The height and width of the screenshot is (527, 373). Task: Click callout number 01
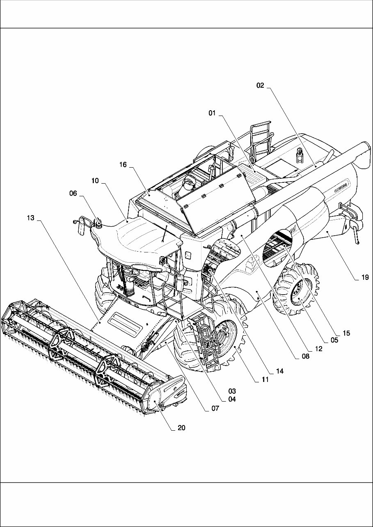pos(212,114)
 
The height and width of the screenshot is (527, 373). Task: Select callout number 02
pos(260,86)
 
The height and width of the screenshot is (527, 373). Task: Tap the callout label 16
pos(123,165)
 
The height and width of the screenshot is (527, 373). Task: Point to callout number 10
pos(95,180)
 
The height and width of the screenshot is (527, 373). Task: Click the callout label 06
pos(73,195)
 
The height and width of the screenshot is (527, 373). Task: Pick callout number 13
pos(31,218)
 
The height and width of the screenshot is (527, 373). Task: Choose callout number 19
pos(365,277)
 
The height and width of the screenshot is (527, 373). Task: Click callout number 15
pos(346,333)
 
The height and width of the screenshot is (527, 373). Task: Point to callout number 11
pos(265,380)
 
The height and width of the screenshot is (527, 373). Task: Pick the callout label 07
pos(215,408)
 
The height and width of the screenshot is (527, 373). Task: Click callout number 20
pos(181,428)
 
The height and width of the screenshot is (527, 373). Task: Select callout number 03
pos(232,391)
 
